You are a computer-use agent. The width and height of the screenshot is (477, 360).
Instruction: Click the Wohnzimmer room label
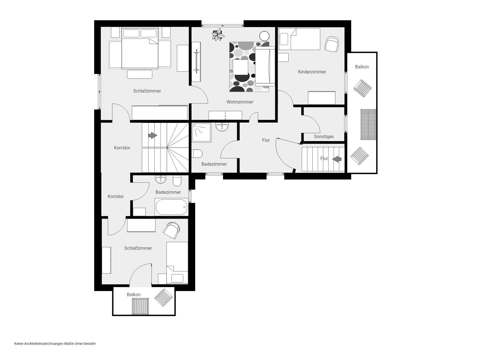coord(240,102)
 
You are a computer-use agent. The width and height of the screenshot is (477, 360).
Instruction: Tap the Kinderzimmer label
coord(312,72)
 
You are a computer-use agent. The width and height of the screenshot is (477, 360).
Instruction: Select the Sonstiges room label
coord(324,136)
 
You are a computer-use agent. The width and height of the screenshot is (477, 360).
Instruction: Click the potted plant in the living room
coord(218,35)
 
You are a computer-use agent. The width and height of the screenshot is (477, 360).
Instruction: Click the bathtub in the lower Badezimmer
coord(171,207)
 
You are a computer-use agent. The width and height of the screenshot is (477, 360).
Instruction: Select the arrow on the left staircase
coord(152,136)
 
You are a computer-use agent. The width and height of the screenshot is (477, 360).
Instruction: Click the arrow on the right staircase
coord(337,159)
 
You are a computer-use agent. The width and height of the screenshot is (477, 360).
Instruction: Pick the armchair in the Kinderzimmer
coord(332,44)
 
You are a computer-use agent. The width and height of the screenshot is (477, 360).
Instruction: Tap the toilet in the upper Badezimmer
coord(197,154)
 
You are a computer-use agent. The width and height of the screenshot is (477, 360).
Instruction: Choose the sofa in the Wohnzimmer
coord(265,66)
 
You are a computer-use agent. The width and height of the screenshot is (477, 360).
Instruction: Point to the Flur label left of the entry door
coord(266,140)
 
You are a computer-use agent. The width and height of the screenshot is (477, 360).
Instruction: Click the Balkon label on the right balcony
coord(362,67)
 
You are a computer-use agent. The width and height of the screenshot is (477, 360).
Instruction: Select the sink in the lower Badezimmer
coord(161,179)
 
